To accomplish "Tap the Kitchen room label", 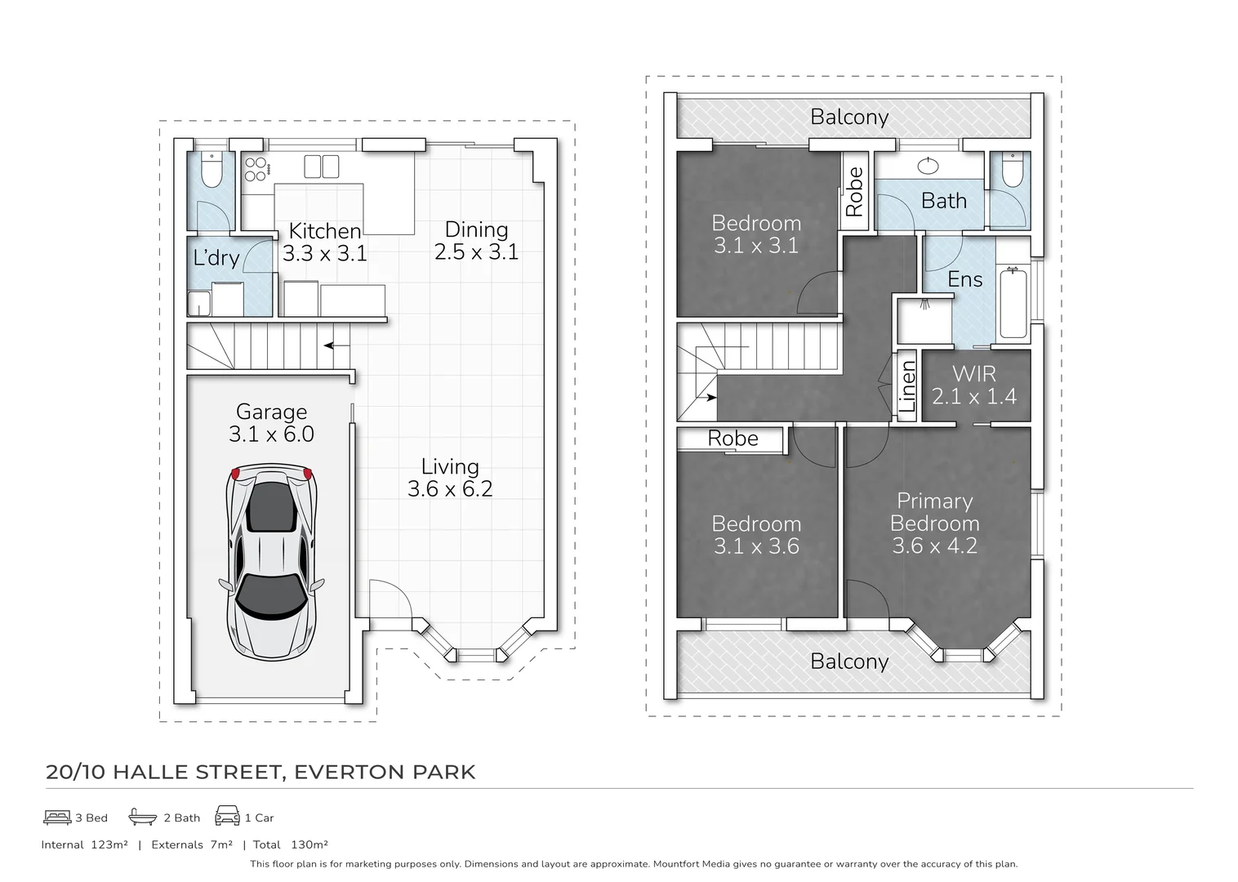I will click(x=325, y=232).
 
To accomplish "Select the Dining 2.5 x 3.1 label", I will click(x=476, y=241).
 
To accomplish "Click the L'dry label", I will click(x=216, y=258).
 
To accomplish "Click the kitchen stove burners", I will click(x=256, y=169).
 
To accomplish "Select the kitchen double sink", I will click(x=321, y=167).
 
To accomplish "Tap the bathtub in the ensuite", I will click(x=1013, y=301).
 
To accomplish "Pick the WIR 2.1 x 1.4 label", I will click(x=974, y=385).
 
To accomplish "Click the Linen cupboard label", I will click(x=907, y=386).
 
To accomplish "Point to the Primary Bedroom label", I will click(x=935, y=512).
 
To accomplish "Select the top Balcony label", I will click(x=849, y=117).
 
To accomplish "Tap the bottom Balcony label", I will click(x=849, y=661).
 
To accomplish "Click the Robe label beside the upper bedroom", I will click(x=854, y=192).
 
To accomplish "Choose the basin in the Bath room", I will click(x=928, y=167).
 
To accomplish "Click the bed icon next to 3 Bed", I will click(x=57, y=817).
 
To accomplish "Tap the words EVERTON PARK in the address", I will click(x=385, y=772).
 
